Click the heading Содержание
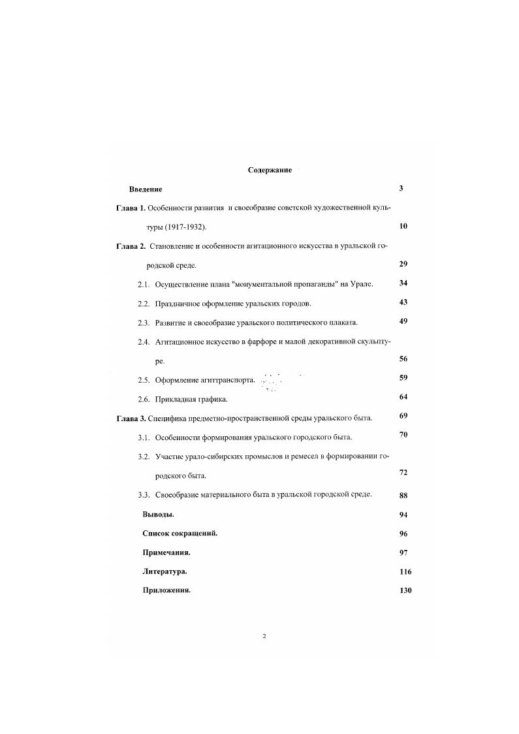pos(270,170)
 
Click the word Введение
pos(145,189)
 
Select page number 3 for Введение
pos(401,189)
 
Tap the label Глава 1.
pos(131,208)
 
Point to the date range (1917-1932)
pos(185,227)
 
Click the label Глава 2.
pos(131,246)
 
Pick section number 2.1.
pos(144,284)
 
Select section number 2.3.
pos(144,323)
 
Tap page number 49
pos(403,321)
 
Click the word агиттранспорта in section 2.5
pos(228,380)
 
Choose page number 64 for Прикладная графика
pos(403,397)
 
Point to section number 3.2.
pos(144,456)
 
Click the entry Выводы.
pos(158,514)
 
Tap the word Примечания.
pos(166,552)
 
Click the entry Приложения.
pos(166,590)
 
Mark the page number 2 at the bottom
pos(264,635)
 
